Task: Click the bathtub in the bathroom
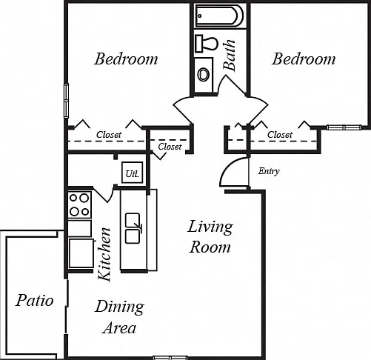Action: [219, 16]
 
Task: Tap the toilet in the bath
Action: [207, 44]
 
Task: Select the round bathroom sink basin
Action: [204, 74]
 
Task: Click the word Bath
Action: [229, 55]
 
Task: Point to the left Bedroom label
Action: [126, 59]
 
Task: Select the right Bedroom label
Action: [304, 59]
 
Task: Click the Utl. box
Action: [133, 173]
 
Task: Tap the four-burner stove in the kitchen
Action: [79, 205]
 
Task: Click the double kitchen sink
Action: [133, 228]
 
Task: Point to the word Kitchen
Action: [104, 254]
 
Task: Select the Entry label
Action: [269, 171]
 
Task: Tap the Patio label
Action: [35, 300]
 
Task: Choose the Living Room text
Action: [210, 236]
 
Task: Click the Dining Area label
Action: [120, 317]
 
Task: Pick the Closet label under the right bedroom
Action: [280, 135]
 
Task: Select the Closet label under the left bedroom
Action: [109, 135]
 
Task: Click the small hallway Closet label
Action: [170, 147]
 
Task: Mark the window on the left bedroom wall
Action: [66, 101]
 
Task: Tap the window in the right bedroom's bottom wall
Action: [344, 127]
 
